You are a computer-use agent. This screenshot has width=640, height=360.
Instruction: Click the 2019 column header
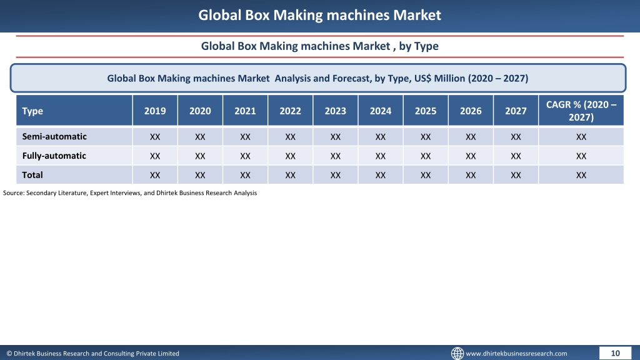(x=155, y=111)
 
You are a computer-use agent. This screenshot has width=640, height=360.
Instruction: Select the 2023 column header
(x=335, y=111)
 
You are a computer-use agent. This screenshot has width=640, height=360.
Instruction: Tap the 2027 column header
(x=516, y=111)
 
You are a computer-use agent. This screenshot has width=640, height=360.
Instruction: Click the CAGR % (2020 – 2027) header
(x=581, y=111)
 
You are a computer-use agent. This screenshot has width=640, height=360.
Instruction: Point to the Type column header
(x=32, y=111)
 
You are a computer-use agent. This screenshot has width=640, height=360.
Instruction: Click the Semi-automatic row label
(x=54, y=136)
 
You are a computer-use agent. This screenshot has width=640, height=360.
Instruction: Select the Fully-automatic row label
(x=54, y=156)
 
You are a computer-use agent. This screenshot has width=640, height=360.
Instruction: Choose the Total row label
(x=32, y=175)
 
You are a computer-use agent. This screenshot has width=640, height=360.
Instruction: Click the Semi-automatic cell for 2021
(x=245, y=137)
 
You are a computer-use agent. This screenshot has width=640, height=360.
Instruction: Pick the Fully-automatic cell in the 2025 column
(x=425, y=156)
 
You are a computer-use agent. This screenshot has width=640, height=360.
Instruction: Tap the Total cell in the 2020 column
(x=200, y=175)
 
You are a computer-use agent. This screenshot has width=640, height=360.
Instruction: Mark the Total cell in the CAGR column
(x=581, y=175)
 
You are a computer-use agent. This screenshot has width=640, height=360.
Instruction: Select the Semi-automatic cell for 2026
(x=471, y=137)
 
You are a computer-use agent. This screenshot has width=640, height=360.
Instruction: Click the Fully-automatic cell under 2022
(x=290, y=156)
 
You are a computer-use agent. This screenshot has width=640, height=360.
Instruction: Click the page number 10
(x=615, y=353)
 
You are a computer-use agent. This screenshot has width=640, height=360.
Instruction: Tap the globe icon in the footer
(x=457, y=353)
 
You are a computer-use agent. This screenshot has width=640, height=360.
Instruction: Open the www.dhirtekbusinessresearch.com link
(x=516, y=354)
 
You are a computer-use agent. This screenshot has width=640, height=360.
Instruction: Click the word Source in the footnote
(x=14, y=192)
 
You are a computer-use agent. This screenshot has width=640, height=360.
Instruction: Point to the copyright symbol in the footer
(x=9, y=354)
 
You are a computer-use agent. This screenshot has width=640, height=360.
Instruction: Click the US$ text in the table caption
(x=423, y=78)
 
